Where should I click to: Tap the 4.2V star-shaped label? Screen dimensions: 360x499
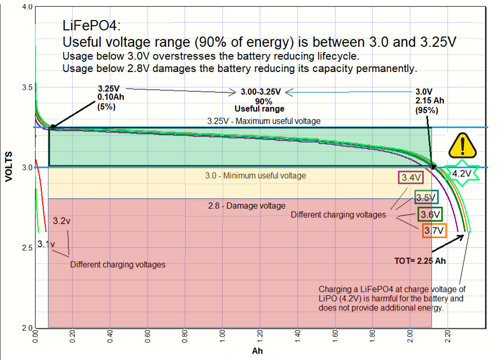coord(462,174)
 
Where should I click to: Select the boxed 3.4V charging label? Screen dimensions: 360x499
coord(411,178)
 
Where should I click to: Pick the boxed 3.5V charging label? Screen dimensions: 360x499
coord(426,197)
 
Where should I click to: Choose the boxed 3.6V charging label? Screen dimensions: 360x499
coord(429,214)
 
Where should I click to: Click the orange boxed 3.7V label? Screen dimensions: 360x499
coord(434,231)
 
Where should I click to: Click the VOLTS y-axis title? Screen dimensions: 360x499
coord(9,166)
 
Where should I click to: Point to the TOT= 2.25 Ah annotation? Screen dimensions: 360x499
coord(420,261)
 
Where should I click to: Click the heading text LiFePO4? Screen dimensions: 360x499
coord(92,26)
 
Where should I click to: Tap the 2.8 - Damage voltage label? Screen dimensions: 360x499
coord(246,205)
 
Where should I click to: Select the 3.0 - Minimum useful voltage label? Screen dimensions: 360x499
coord(256,176)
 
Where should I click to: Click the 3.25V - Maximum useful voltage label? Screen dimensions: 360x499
coord(264,121)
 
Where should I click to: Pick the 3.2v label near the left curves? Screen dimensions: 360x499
coord(62,220)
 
